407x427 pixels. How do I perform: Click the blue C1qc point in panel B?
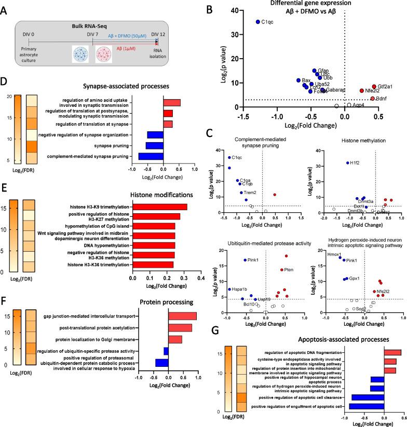257,22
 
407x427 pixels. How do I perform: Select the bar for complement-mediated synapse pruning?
151,156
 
